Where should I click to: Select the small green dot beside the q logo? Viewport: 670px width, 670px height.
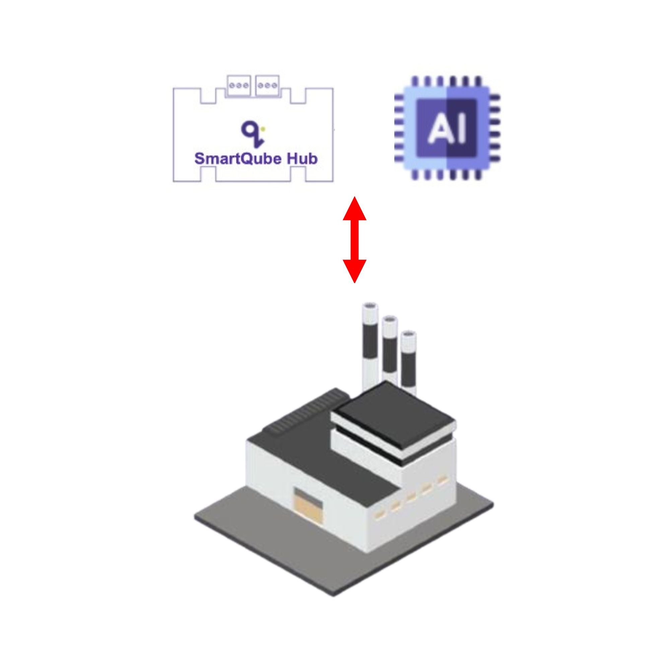tap(263, 129)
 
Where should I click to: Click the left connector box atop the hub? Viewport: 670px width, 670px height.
tap(239, 85)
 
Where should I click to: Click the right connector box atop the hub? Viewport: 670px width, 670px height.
tap(267, 85)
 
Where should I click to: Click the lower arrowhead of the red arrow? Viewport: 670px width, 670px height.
tap(354, 271)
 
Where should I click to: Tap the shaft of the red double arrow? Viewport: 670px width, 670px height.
tap(354, 240)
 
